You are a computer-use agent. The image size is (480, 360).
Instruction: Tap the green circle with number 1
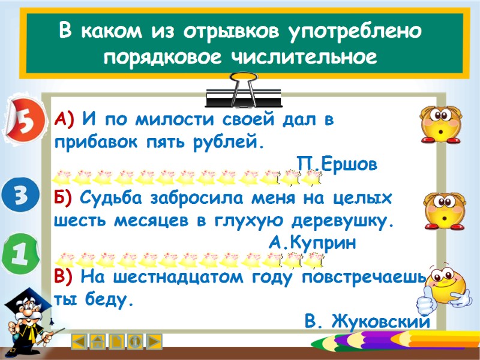[19, 256]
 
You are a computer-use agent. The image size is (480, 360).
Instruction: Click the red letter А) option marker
[63, 118]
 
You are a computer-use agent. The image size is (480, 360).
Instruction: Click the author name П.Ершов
[337, 163]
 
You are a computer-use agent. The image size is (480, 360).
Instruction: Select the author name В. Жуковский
[367, 321]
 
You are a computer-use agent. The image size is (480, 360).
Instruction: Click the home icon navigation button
[98, 341]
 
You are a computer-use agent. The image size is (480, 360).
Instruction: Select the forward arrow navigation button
[154, 341]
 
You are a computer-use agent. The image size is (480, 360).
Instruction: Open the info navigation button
[136, 341]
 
